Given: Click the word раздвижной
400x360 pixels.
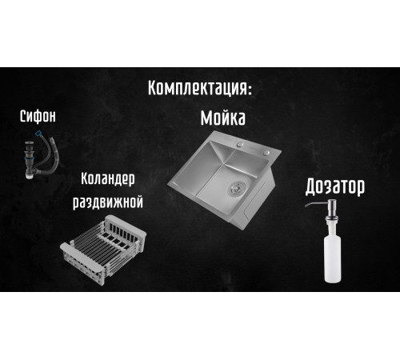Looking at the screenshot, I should pyautogui.click(x=108, y=202).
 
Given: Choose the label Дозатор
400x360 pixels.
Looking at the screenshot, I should pyautogui.click(x=335, y=187).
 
